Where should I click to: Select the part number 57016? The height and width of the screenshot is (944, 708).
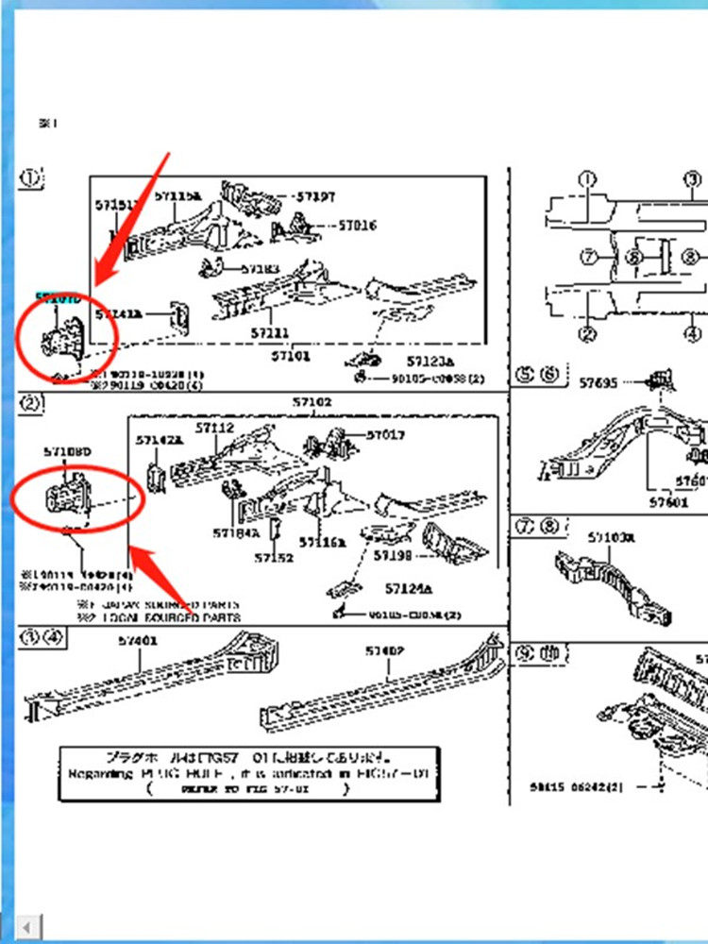[x=357, y=227]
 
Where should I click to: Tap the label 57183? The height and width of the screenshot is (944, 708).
[x=261, y=269]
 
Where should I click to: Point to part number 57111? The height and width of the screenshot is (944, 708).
[x=270, y=333]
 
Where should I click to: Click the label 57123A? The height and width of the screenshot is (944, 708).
[x=430, y=362]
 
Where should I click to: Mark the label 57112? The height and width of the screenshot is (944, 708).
[x=214, y=428]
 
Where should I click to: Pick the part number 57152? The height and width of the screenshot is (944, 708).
[x=274, y=558]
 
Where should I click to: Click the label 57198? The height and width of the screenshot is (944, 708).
[x=393, y=556]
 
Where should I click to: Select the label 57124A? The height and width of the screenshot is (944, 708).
[x=408, y=589]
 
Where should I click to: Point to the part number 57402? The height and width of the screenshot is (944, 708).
[x=385, y=651]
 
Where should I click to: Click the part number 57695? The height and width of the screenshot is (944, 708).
[x=598, y=382]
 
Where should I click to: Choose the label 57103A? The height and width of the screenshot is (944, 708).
[x=612, y=538]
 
